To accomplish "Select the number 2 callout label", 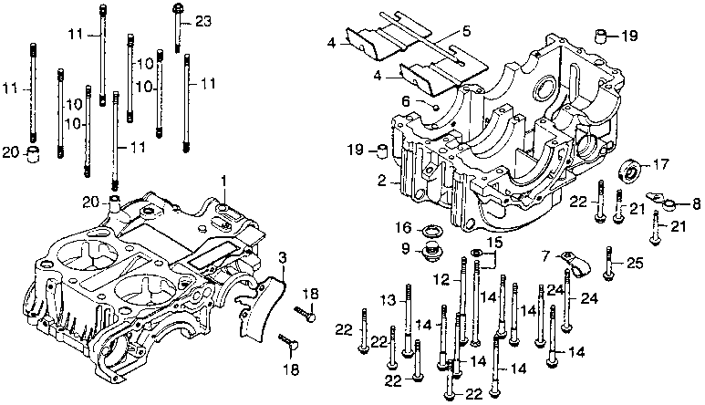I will (383, 182).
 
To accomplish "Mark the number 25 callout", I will (635, 263).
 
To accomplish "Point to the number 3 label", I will (283, 257).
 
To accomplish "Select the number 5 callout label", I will (465, 31).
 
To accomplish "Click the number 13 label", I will (388, 299).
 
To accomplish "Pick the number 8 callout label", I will (696, 203).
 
